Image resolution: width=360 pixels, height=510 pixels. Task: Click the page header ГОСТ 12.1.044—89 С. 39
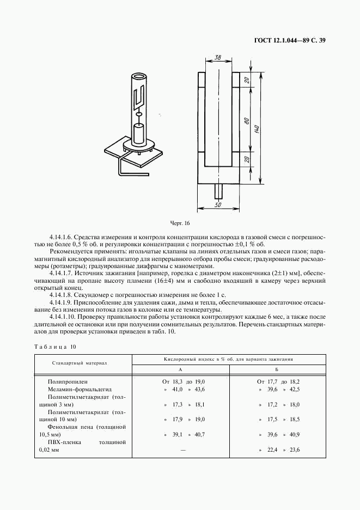(289, 40)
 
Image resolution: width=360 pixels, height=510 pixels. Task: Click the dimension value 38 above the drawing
(217, 57)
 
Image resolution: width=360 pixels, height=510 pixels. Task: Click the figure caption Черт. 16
(180, 223)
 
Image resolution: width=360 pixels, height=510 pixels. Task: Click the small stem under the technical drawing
(218, 192)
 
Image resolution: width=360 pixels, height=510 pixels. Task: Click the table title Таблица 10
(56, 347)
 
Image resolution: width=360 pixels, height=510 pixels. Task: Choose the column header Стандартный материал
(80, 362)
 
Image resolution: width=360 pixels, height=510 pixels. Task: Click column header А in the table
(180, 369)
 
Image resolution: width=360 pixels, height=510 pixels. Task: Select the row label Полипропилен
(67, 382)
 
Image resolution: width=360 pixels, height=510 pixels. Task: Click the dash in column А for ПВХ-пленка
(183, 450)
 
